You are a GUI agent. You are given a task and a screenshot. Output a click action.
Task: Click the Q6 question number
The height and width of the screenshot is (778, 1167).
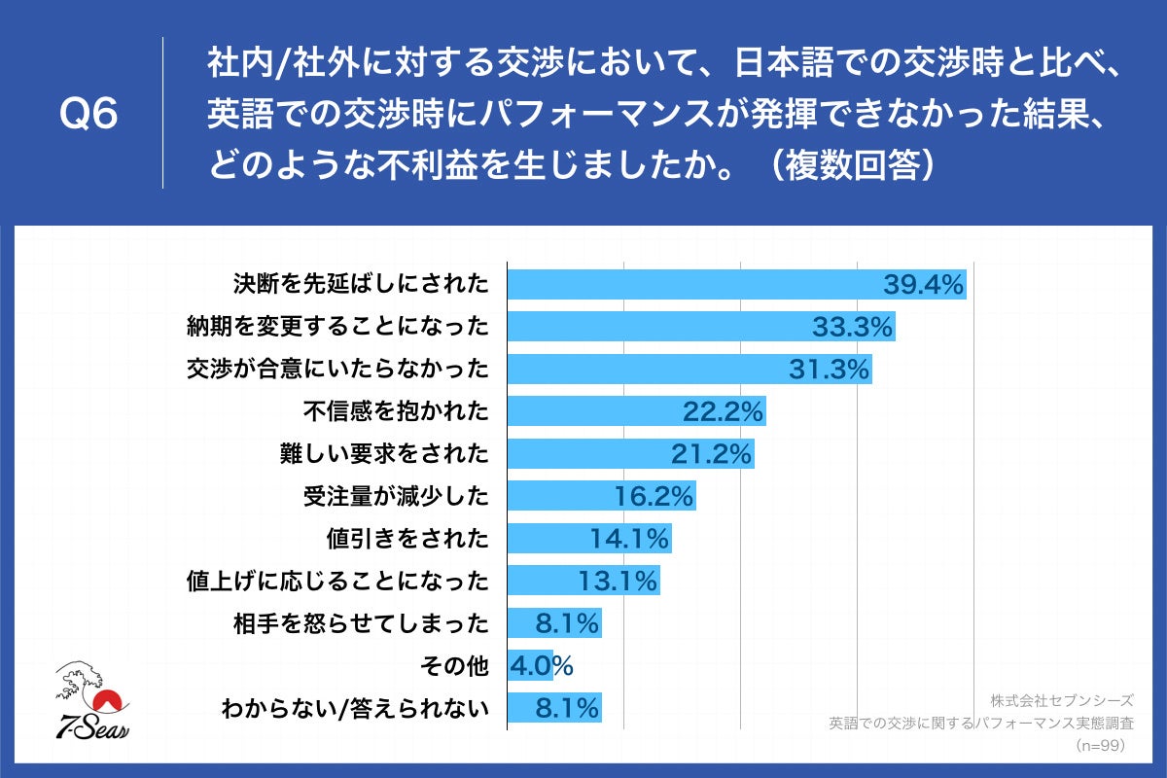tap(88, 114)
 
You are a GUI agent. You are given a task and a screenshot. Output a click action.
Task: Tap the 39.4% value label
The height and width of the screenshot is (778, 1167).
tap(923, 284)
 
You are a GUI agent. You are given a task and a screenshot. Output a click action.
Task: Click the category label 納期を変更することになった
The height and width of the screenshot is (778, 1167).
tap(336, 327)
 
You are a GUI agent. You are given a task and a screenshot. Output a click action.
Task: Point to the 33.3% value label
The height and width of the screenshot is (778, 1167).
tap(852, 327)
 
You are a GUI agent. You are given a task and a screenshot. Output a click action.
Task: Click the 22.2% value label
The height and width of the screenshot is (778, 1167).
tap(723, 411)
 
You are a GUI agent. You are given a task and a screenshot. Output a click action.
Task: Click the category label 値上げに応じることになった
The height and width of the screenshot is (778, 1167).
tap(336, 582)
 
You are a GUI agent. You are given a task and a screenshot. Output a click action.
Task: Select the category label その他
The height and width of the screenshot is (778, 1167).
tap(453, 666)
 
